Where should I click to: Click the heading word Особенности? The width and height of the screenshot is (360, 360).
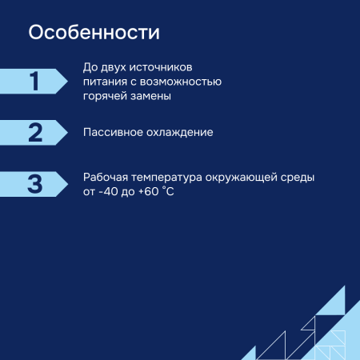coord(94,33)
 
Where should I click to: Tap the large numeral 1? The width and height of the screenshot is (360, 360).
coord(34,81)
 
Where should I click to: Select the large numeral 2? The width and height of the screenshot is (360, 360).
coord(34,132)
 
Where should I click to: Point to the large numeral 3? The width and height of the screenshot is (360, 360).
coord(34,183)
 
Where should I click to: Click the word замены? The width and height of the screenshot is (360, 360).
coord(153,96)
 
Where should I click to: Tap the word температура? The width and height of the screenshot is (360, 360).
coord(170,178)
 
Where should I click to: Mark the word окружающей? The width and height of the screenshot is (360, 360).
coord(242,178)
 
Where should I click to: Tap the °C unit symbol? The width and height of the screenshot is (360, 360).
coord(169,192)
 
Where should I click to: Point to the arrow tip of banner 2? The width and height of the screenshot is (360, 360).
coord(66,132)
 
